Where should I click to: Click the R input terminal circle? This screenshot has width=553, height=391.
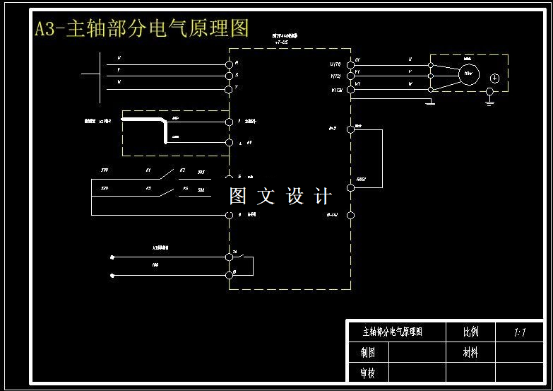click(229, 64)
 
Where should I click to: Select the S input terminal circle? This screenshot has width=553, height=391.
click(229, 76)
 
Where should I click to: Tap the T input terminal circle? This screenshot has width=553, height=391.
click(229, 89)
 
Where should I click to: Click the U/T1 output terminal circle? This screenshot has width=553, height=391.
click(350, 64)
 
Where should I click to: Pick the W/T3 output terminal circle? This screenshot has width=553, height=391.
click(350, 90)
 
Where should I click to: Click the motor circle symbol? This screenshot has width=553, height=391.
click(468, 73)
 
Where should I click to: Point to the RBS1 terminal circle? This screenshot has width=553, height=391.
click(350, 187)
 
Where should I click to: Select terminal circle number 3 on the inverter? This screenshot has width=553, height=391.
click(229, 122)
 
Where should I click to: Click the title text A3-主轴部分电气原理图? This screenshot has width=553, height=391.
click(142, 28)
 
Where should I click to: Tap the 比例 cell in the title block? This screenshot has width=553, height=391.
click(470, 332)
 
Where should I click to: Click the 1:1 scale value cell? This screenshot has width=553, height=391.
click(520, 332)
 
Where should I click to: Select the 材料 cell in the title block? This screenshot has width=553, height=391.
click(470, 352)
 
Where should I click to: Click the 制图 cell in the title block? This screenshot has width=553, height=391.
click(367, 352)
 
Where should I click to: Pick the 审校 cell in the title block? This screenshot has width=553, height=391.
click(367, 372)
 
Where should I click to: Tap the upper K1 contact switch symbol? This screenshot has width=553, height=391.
click(167, 172)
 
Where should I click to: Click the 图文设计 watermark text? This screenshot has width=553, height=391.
click(280, 197)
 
